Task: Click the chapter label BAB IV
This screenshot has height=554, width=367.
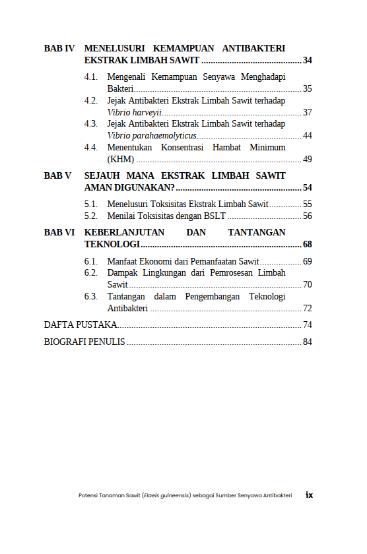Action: (x=59, y=49)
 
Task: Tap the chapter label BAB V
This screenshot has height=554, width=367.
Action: (x=57, y=176)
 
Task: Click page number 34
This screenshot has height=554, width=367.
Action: (x=307, y=61)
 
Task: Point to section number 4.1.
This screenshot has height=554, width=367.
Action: (x=91, y=77)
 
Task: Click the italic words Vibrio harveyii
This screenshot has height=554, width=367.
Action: (x=134, y=112)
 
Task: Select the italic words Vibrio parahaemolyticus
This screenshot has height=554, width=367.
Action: (x=152, y=135)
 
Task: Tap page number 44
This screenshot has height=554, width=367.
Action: (x=307, y=135)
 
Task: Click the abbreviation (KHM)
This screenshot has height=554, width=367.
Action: (x=121, y=159)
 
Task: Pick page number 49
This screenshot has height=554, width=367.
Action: (x=307, y=159)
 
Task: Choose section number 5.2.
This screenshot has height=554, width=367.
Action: (x=91, y=216)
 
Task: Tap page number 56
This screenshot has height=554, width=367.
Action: (x=307, y=216)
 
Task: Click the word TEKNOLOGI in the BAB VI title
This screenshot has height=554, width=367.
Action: (x=112, y=244)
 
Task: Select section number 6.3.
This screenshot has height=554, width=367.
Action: (x=91, y=296)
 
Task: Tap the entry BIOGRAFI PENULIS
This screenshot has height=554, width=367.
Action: (x=84, y=342)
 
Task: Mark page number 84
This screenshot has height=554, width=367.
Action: (x=307, y=342)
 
